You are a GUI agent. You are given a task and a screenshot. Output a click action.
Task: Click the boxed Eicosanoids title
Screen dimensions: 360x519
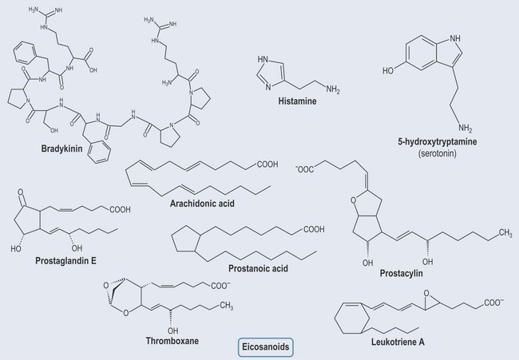tap(266, 348)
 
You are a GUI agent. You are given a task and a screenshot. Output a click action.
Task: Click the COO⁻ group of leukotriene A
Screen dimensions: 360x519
tap(492, 303)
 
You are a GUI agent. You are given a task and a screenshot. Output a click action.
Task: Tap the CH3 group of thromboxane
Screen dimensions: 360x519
tap(227, 305)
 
